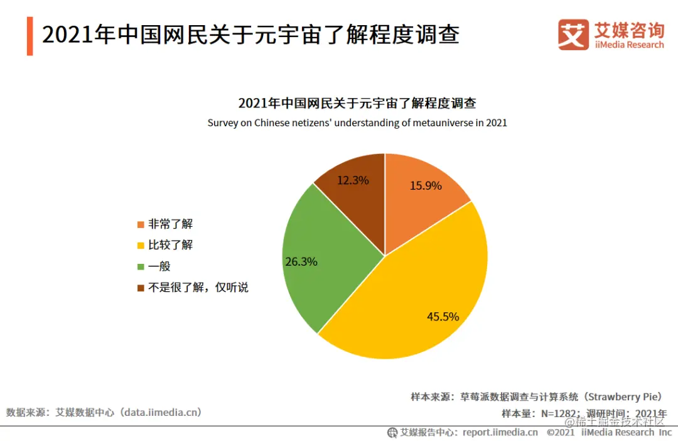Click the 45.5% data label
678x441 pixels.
[x=443, y=317]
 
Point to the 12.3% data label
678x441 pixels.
[x=353, y=180]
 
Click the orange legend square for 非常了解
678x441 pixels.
[x=140, y=224]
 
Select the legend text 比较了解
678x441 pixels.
[x=170, y=245]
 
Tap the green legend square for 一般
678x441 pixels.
[x=140, y=266]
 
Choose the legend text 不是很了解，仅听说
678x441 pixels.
[x=198, y=288]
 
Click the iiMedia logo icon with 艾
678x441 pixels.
[x=573, y=35]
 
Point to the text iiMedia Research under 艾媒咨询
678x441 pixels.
[x=629, y=45]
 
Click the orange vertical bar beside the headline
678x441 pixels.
[x=30, y=36]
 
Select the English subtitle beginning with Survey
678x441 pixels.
[x=357, y=123]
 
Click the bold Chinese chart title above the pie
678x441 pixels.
[x=357, y=104]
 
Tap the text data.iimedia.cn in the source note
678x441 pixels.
[x=162, y=412]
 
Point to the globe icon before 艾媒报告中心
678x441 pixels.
[x=392, y=432]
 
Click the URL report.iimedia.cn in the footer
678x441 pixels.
[x=500, y=432]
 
